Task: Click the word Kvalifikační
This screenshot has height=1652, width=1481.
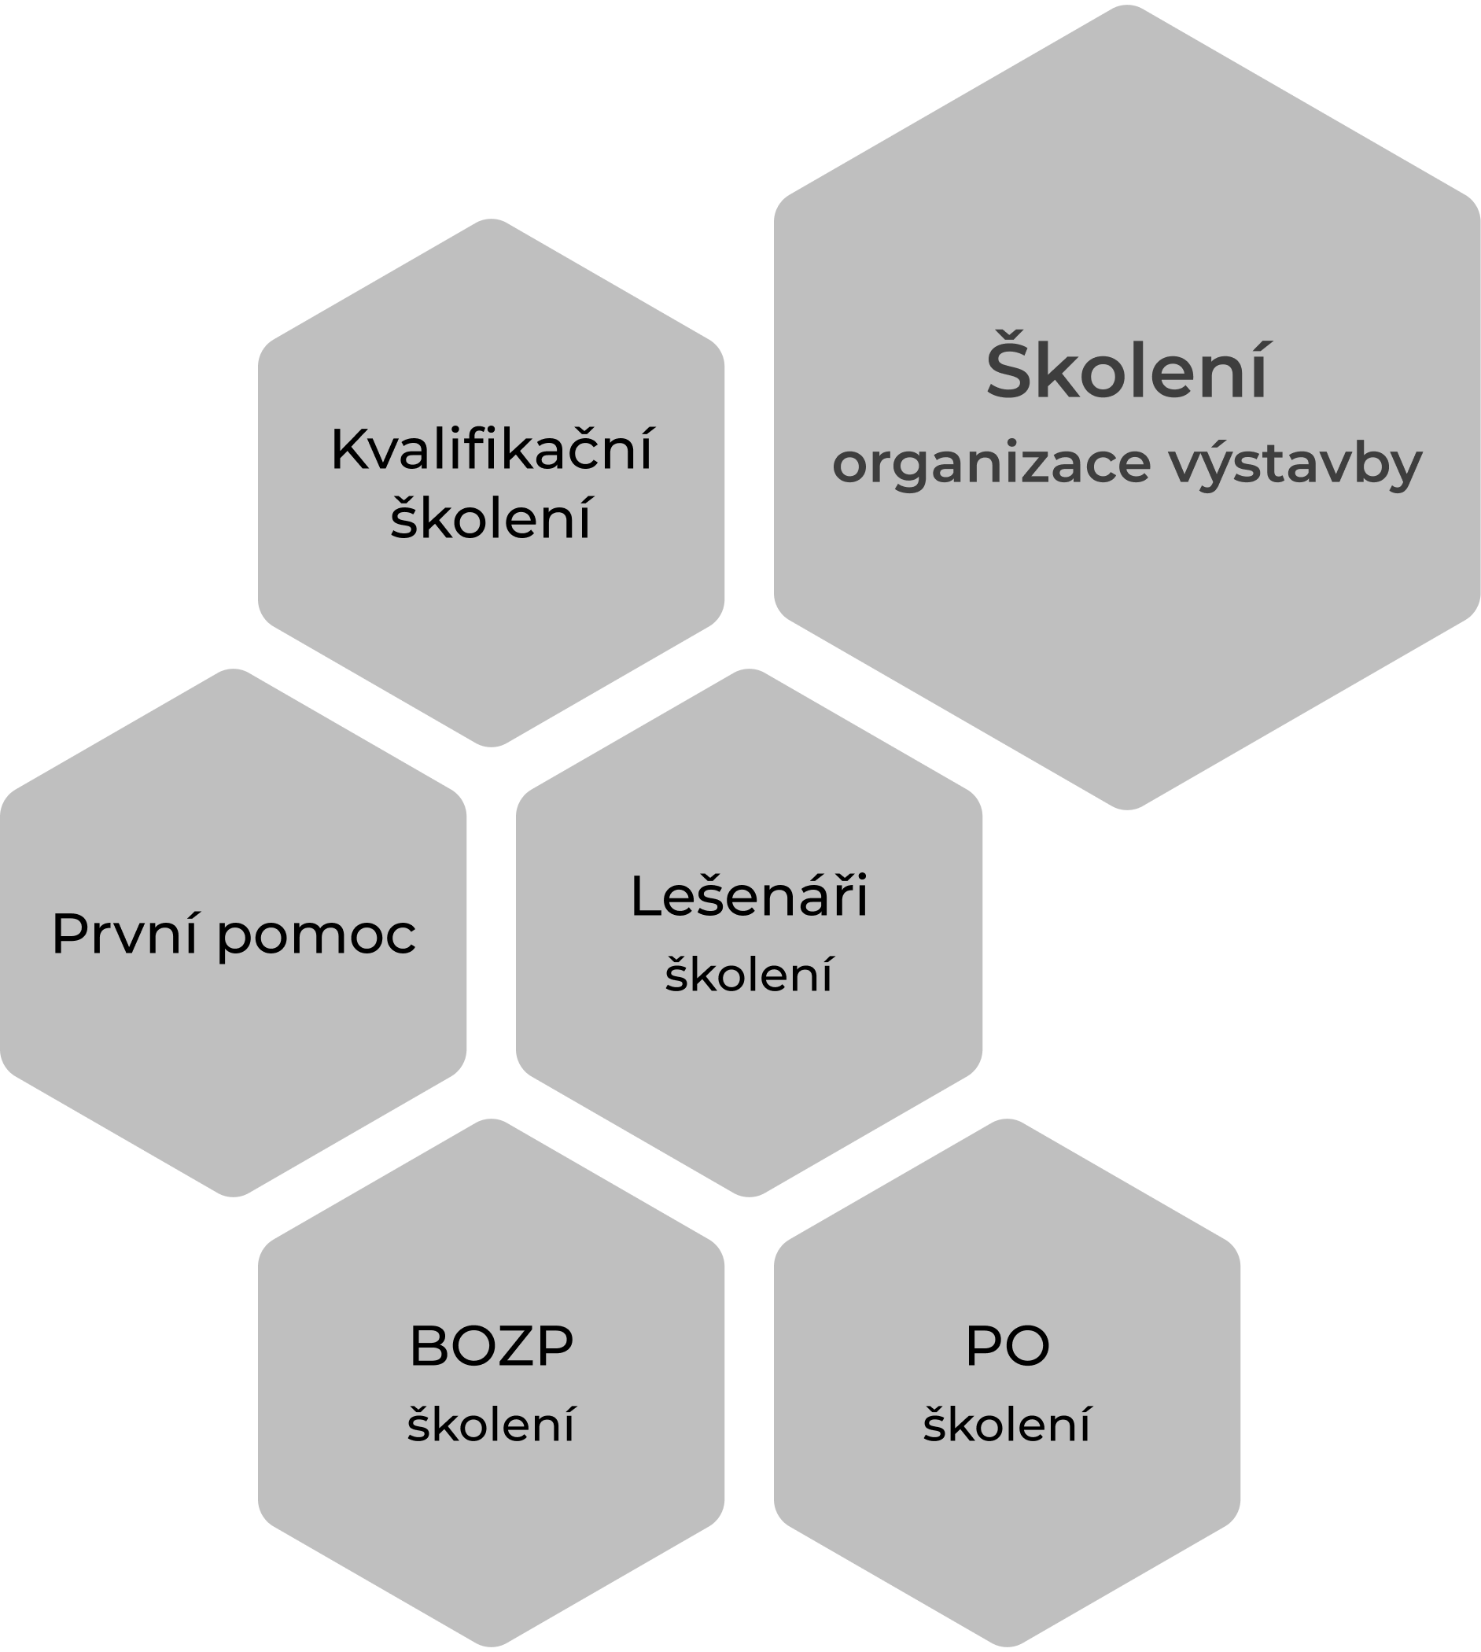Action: [x=492, y=449]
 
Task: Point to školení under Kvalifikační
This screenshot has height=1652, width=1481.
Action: [x=491, y=518]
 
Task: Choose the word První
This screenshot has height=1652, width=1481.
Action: [x=125, y=934]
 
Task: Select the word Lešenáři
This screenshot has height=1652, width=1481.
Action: [x=749, y=896]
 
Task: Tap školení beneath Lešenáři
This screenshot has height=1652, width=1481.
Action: [x=749, y=973]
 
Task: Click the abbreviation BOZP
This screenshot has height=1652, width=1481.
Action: [x=491, y=1346]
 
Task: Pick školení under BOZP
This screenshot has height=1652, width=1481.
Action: [x=491, y=1424]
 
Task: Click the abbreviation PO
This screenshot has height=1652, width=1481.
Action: [x=1007, y=1346]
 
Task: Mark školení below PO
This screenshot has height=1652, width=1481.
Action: [x=1007, y=1424]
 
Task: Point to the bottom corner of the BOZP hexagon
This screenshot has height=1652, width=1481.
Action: [x=491, y=1645]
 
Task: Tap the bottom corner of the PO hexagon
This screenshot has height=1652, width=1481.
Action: [x=1007, y=1645]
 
